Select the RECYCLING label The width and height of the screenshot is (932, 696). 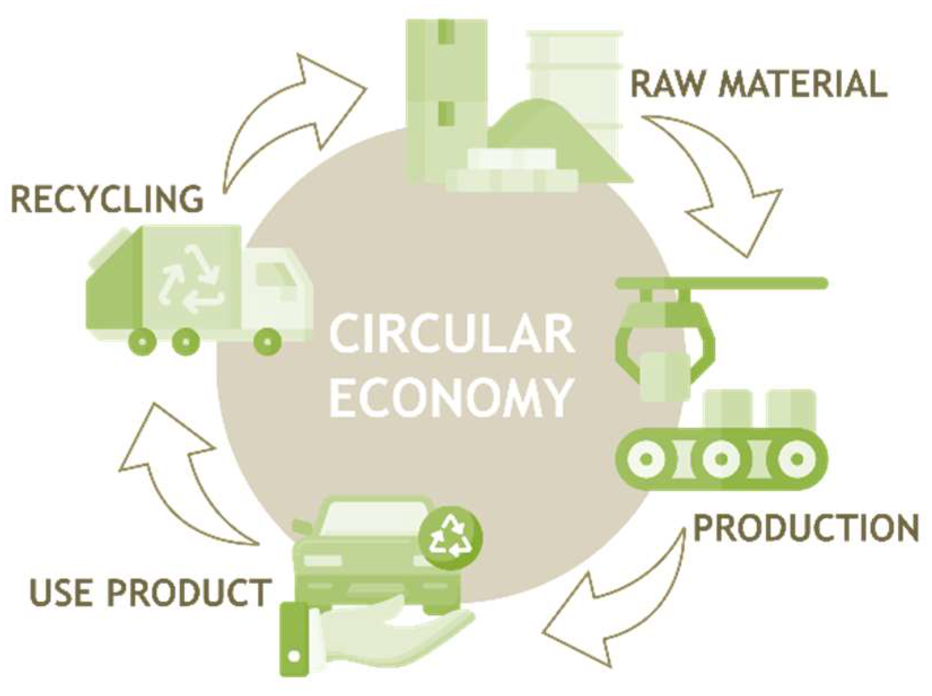(107, 199)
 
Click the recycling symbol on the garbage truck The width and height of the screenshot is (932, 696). (191, 279)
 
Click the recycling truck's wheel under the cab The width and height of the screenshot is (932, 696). (268, 341)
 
